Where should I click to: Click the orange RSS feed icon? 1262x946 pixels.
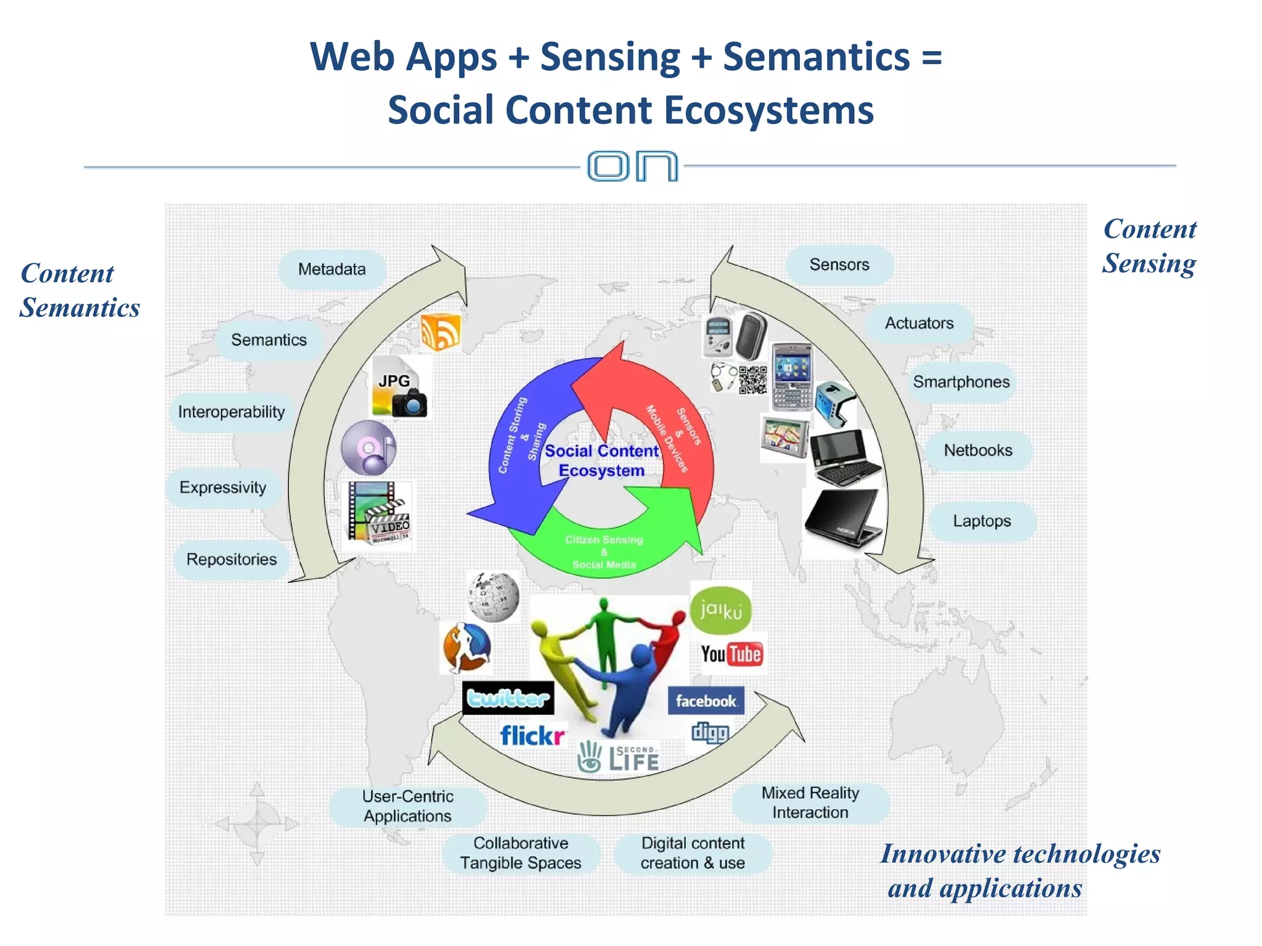click(x=441, y=332)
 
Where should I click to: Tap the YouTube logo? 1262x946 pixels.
click(x=731, y=654)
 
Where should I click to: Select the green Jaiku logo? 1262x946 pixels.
click(x=720, y=610)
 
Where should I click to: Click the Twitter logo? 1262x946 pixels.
click(x=508, y=698)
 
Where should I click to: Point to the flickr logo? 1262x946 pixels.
click(x=532, y=735)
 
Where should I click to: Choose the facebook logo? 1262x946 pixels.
click(x=706, y=701)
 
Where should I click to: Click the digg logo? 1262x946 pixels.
click(x=710, y=732)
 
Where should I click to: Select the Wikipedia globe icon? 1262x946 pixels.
click(x=493, y=597)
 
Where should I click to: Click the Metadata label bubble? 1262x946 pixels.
click(x=332, y=269)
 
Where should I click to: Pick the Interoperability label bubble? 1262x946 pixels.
click(x=232, y=412)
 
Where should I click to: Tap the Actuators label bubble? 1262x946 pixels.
click(x=919, y=323)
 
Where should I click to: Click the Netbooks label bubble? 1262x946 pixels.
click(x=978, y=451)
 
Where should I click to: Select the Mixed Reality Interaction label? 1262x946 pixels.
click(x=810, y=802)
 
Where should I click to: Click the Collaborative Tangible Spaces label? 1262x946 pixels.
click(x=521, y=853)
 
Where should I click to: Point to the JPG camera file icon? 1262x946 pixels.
click(x=399, y=388)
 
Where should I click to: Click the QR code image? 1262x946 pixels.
click(x=753, y=380)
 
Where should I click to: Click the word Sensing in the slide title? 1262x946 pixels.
click(x=610, y=57)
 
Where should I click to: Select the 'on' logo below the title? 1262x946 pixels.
click(x=632, y=166)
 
